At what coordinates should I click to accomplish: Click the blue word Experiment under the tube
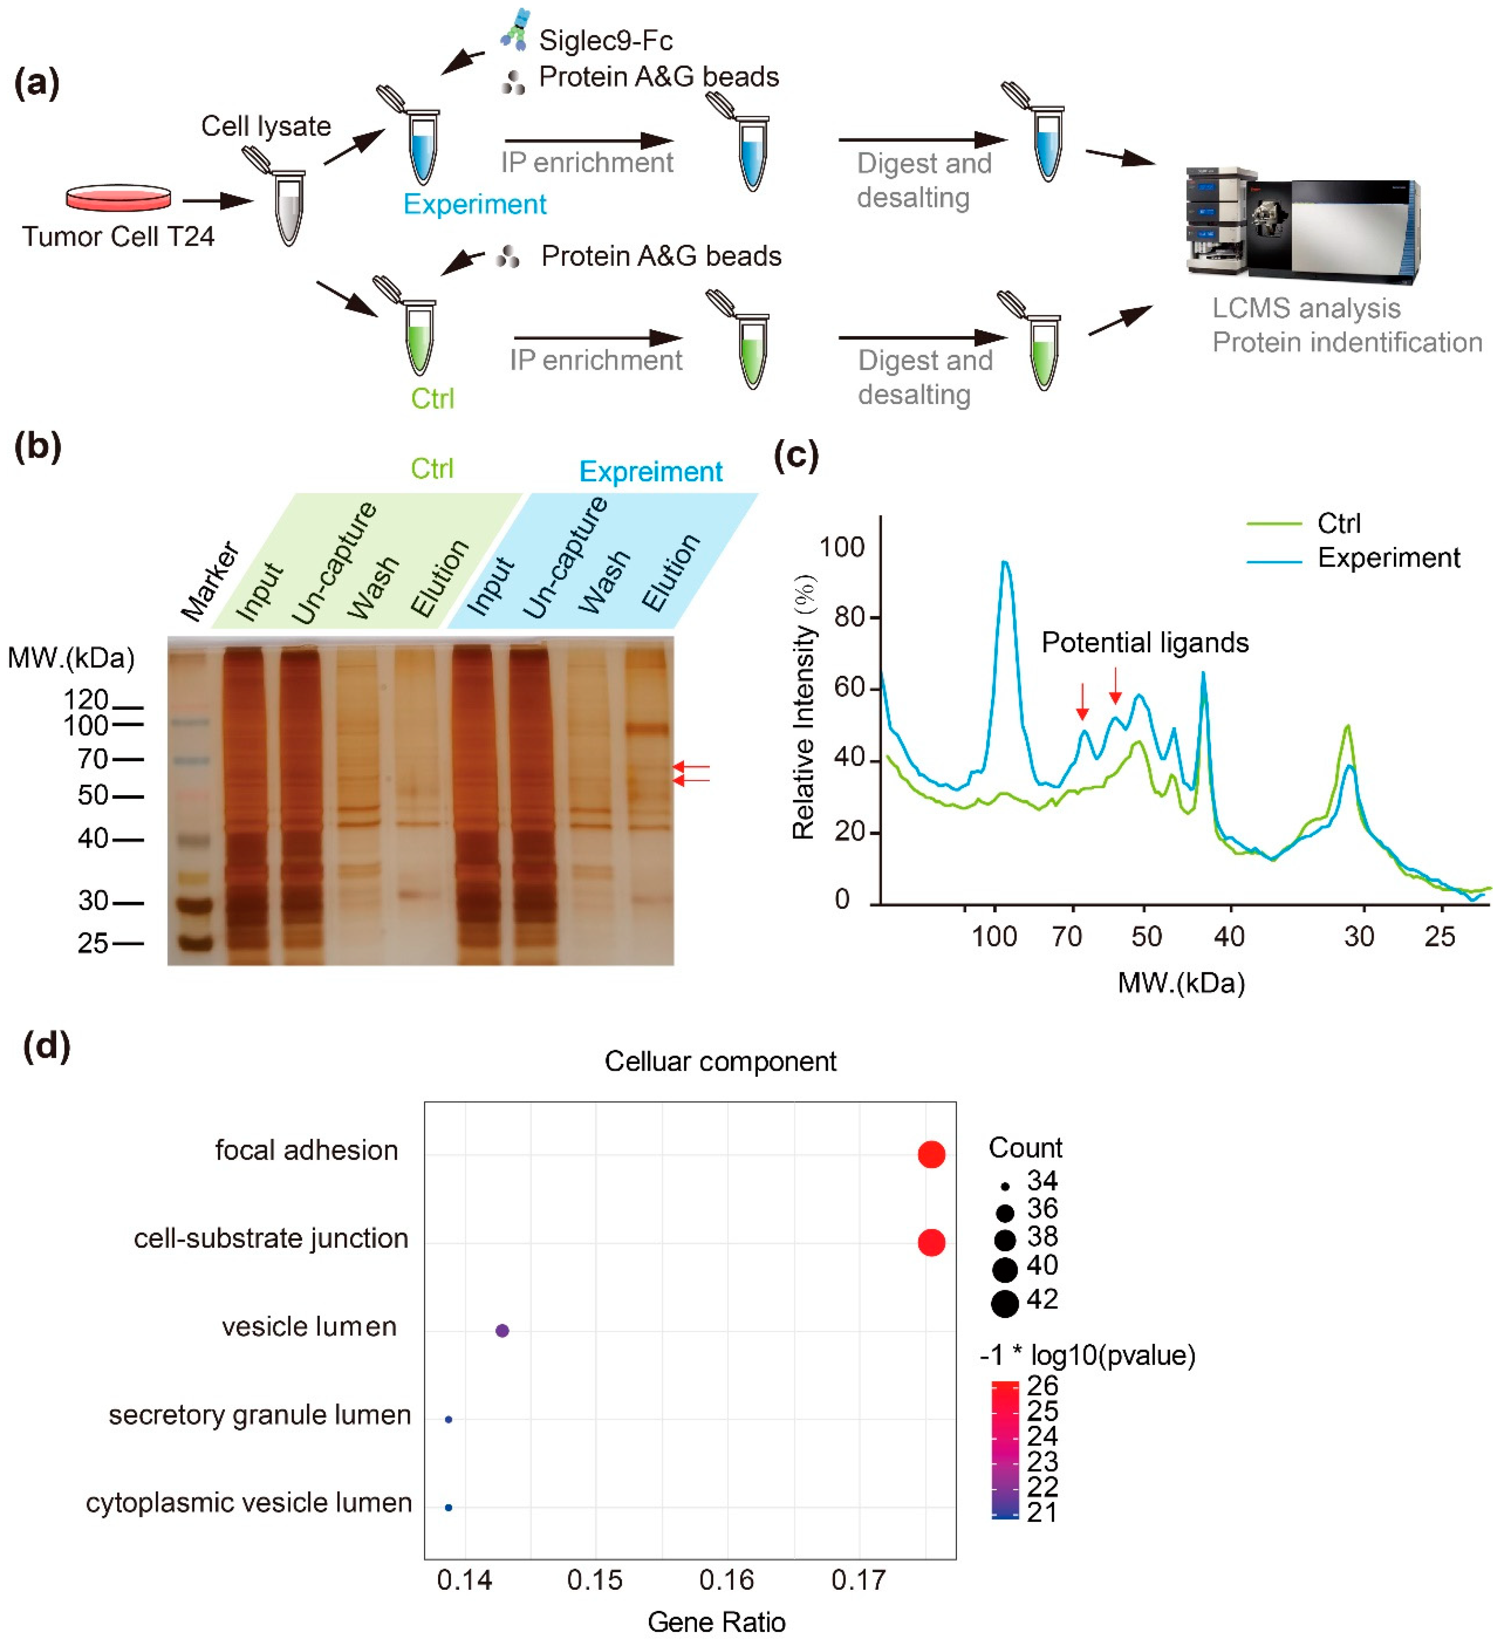tap(475, 204)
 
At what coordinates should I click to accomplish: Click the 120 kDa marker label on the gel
tap(85, 699)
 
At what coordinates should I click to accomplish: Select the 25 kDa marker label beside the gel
tap(92, 943)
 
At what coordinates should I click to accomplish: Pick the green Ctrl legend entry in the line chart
tap(1338, 523)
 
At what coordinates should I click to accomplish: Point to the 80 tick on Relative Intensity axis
tap(849, 617)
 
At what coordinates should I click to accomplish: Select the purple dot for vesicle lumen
tap(503, 1331)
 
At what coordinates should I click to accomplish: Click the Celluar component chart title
tap(720, 1061)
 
